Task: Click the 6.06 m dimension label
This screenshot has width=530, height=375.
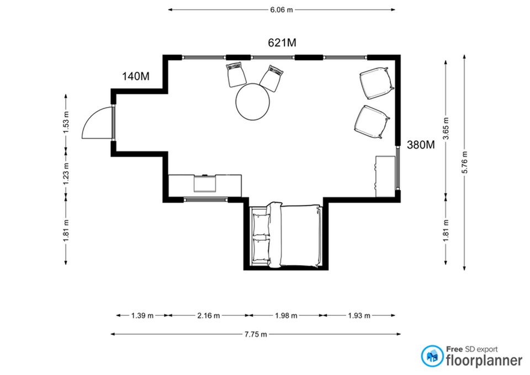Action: tap(281, 10)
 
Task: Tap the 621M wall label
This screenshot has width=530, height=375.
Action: tap(282, 43)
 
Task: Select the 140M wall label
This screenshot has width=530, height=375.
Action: tap(136, 76)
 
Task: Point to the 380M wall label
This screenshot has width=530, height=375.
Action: tap(421, 145)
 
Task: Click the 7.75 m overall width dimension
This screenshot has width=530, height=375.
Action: tap(256, 335)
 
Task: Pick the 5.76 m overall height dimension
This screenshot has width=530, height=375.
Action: tap(464, 162)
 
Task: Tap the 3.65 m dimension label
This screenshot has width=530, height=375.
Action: tap(446, 128)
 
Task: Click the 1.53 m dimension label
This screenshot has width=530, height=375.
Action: tap(66, 122)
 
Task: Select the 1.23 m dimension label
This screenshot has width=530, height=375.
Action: tap(66, 174)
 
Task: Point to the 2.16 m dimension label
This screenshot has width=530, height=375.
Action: tap(208, 315)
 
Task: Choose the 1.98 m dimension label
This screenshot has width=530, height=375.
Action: tap(286, 315)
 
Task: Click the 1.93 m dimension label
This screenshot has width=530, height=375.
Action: tap(359, 315)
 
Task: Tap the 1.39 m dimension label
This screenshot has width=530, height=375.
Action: tap(142, 315)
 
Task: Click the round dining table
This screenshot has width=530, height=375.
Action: tap(252, 102)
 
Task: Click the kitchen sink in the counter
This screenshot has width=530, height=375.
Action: tap(205, 183)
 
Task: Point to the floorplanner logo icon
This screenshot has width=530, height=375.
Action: tap(432, 356)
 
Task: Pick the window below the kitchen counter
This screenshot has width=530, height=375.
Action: tap(205, 199)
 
